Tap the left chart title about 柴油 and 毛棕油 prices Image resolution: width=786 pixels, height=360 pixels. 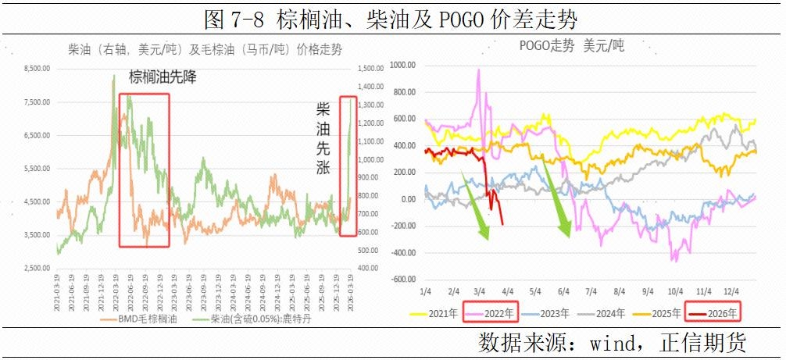pos(205,50)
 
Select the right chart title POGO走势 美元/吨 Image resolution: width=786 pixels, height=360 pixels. pos(572,46)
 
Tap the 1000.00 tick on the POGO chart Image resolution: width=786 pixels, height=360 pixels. pos(404,65)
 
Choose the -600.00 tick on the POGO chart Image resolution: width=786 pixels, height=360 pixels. pos(404,280)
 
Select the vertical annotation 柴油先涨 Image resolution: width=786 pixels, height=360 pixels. pos(323,137)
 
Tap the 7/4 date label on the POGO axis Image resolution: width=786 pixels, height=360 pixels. pos(591,291)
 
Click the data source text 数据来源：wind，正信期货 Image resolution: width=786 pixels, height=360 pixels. pos(612,342)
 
